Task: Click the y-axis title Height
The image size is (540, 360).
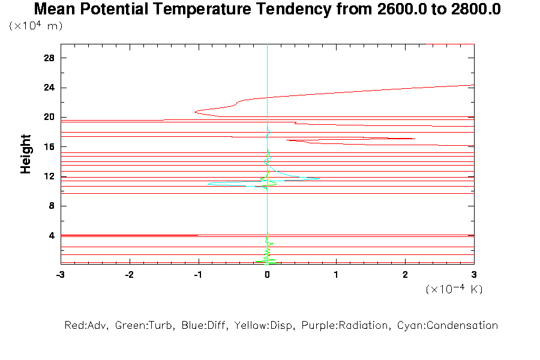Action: [x=26, y=155]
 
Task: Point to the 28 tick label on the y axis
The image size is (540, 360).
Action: [x=50, y=58]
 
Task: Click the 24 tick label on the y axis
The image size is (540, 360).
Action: [x=50, y=88]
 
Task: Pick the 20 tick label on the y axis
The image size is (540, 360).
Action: [x=50, y=117]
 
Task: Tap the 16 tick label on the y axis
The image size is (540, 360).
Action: [x=50, y=146]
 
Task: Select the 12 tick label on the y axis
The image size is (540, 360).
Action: [x=50, y=176]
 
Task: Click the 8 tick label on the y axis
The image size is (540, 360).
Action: [x=52, y=206]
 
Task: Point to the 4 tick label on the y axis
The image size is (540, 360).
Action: [x=52, y=235]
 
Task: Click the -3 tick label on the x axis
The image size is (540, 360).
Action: [x=60, y=274]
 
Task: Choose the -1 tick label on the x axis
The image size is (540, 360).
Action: [x=197, y=274]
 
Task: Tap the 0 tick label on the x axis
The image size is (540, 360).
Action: [x=267, y=274]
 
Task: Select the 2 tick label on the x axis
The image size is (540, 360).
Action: [x=405, y=274]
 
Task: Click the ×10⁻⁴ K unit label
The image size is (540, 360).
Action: [x=454, y=289]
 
